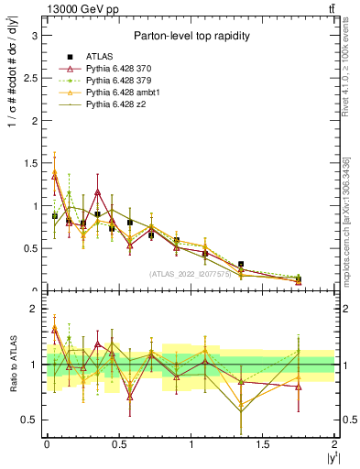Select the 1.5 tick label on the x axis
click(263, 444)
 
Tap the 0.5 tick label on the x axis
click(118, 444)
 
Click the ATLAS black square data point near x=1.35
click(241, 264)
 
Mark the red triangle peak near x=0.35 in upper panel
click(97, 192)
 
